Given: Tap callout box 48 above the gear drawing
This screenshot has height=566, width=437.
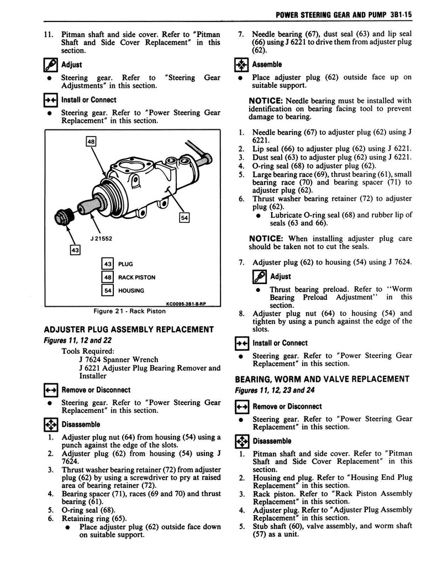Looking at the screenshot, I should click(91, 141).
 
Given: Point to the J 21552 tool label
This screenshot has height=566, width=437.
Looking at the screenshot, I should click(102, 239).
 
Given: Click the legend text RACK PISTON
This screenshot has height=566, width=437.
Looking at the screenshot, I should click(137, 277).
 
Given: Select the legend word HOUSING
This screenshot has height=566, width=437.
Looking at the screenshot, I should click(131, 291).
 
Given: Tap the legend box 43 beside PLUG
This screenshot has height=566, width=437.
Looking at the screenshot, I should click(108, 264).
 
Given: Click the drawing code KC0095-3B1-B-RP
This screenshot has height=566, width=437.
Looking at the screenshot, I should click(186, 303).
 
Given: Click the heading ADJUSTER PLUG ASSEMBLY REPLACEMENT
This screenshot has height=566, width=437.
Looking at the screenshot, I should click(128, 330).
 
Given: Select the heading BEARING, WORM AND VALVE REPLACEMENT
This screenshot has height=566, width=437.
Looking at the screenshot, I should click(322, 379).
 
